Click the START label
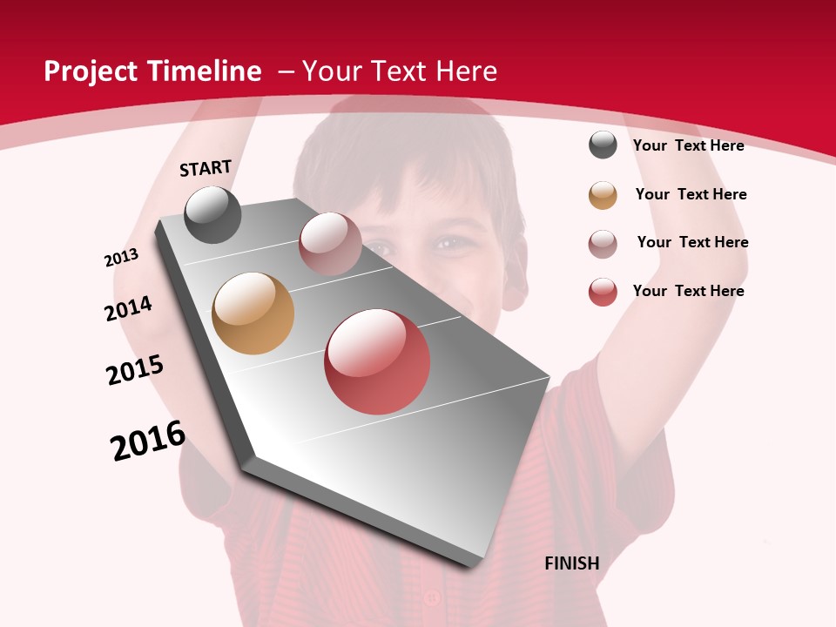click(x=206, y=168)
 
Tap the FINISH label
click(x=571, y=563)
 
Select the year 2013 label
click(x=121, y=258)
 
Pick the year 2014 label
click(x=128, y=308)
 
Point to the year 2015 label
click(x=135, y=370)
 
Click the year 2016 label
click(x=148, y=441)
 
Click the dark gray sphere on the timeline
click(x=212, y=215)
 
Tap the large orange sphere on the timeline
click(x=253, y=313)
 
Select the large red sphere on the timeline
click(x=377, y=361)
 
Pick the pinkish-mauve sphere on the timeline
click(x=330, y=244)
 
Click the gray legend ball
click(x=603, y=145)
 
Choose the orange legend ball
click(x=603, y=195)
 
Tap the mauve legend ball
click(x=603, y=244)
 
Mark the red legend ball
click(x=603, y=292)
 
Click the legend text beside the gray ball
click(x=688, y=145)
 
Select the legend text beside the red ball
click(x=688, y=291)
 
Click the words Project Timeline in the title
click(x=152, y=71)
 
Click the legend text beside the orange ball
click(x=691, y=194)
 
